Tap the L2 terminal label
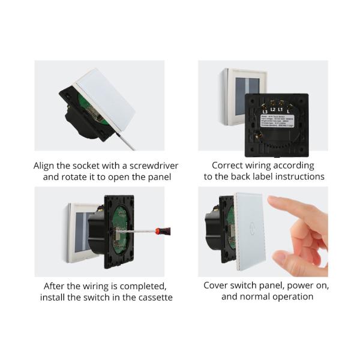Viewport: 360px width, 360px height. point(272,109)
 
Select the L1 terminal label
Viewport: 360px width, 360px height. point(281,109)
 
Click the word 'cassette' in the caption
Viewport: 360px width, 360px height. point(154,297)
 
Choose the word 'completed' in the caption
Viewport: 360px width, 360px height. point(144,286)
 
